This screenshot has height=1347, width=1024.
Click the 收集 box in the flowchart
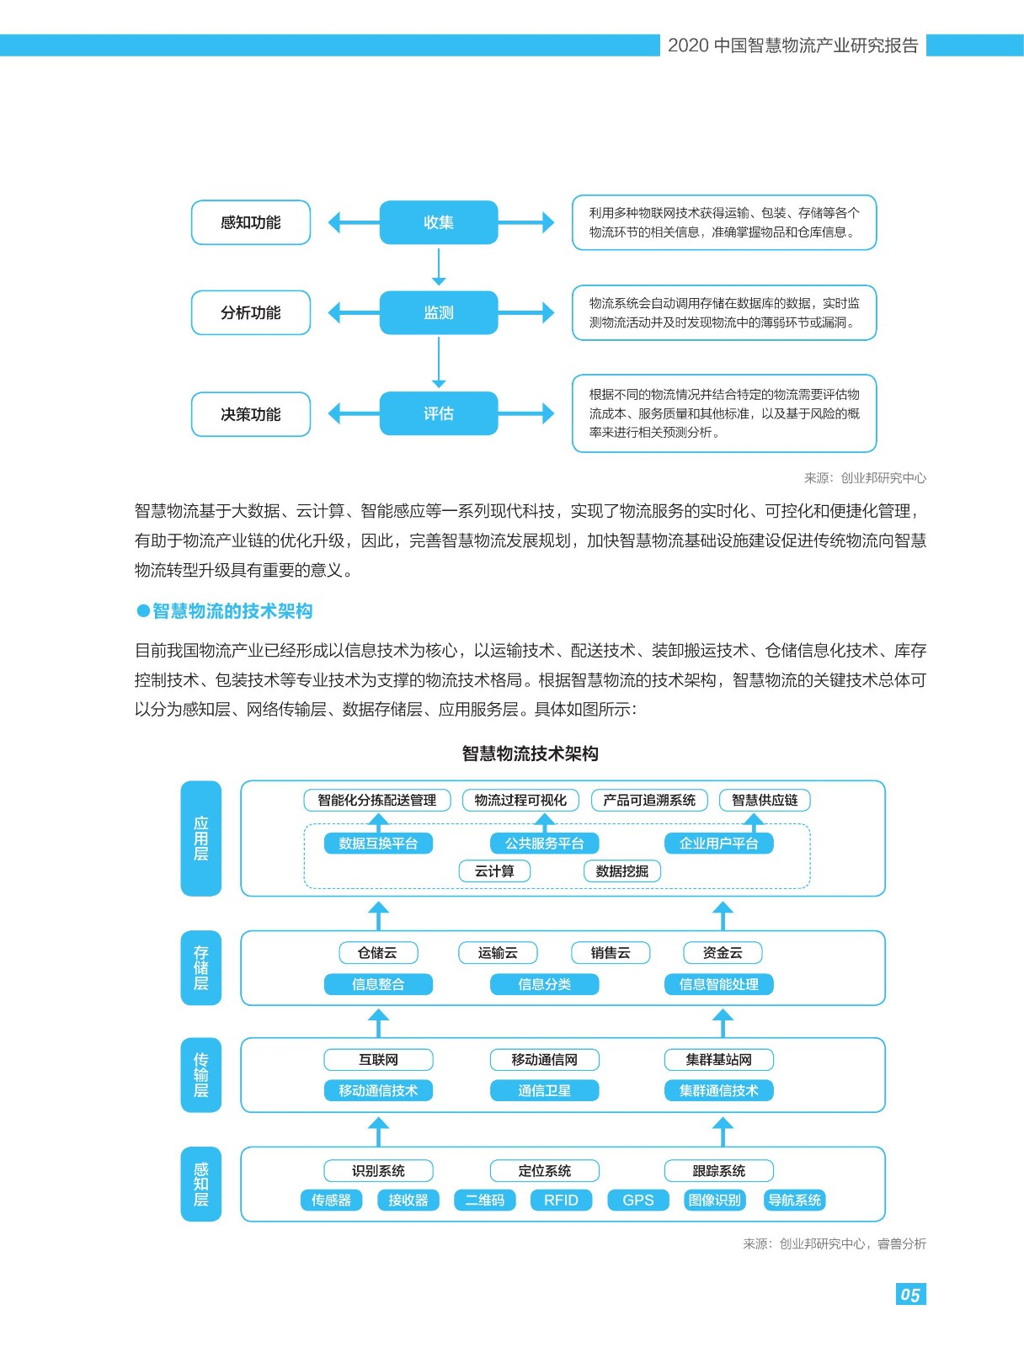438,222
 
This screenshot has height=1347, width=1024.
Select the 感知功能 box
251,222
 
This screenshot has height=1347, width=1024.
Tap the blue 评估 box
438,413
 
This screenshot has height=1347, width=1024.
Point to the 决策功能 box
251,414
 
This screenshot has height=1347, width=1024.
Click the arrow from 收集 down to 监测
438,267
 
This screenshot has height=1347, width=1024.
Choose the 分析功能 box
251,313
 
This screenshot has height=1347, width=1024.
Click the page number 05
910,1295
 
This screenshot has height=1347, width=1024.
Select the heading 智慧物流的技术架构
232,610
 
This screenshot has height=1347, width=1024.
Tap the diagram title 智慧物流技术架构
530,753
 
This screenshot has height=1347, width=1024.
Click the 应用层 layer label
200,839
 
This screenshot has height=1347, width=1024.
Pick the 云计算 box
494,870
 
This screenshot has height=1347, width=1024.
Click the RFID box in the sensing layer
561,1201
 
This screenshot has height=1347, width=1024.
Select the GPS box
638,1201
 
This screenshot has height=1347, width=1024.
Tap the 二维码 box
485,1201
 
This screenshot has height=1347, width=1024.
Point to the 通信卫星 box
544,1090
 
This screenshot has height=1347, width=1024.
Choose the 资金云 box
723,952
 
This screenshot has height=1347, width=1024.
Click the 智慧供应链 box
765,800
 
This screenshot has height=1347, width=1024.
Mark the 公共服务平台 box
544,844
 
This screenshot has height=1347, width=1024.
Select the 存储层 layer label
200,968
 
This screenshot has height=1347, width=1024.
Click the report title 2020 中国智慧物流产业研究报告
792,45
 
